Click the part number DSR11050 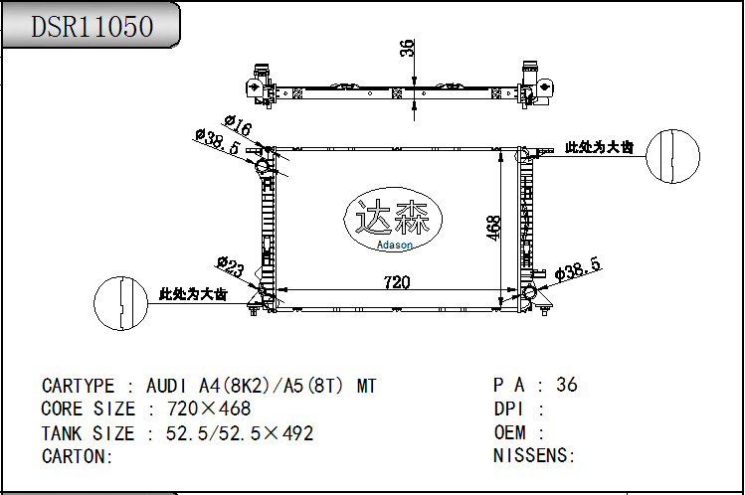[93, 26]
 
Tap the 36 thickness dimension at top [407, 49]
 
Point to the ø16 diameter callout [239, 126]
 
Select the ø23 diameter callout [231, 266]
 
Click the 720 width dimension [397, 282]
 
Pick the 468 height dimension [494, 229]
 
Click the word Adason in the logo [394, 245]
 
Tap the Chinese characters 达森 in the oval [393, 217]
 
